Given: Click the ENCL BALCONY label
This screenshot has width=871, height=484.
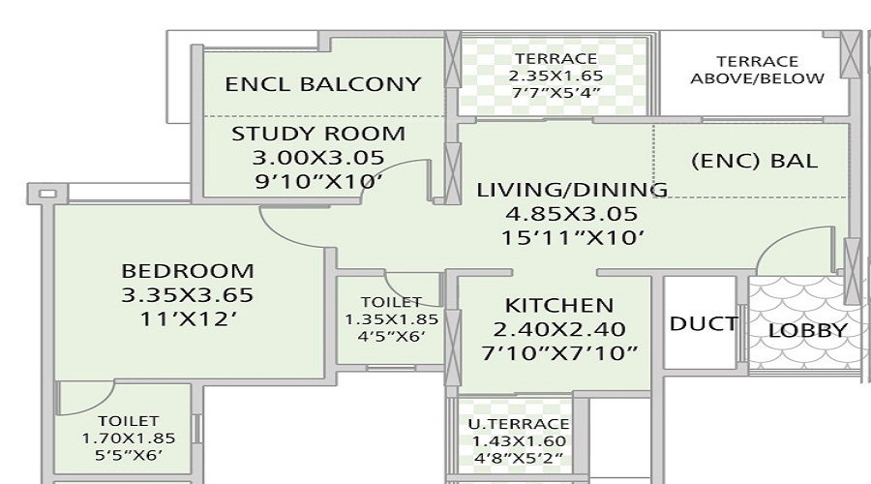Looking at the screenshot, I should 323,84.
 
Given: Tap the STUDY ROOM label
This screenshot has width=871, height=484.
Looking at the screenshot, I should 318,134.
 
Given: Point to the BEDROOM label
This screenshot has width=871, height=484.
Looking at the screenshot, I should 188,271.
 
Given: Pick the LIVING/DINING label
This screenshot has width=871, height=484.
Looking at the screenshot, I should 572,190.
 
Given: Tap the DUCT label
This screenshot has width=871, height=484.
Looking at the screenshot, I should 704,324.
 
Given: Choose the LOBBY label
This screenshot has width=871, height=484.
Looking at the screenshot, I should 808,330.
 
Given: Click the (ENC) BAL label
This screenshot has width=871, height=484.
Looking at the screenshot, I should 754,162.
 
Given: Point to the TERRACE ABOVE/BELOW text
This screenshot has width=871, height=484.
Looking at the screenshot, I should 757,70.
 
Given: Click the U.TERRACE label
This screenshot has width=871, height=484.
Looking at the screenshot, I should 519,424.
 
